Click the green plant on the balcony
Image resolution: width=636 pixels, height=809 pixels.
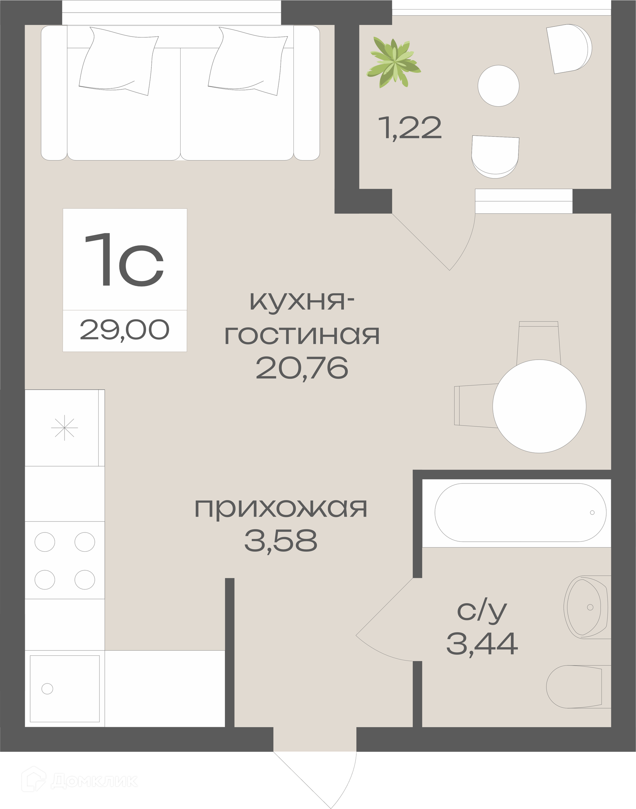tap(394, 62)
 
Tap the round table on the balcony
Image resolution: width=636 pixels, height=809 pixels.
tap(498, 86)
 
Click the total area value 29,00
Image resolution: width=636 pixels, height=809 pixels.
tap(125, 330)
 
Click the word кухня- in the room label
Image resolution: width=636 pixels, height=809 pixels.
tap(302, 302)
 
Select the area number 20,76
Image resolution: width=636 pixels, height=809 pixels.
tap(302, 368)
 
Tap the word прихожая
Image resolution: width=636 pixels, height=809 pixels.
tap(281, 509)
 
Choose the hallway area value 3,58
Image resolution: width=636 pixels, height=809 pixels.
tap(281, 541)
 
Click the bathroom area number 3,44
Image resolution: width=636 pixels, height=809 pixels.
tap(482, 644)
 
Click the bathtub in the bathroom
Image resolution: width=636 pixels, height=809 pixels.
tap(521, 513)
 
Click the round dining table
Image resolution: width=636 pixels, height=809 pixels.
tap(539, 407)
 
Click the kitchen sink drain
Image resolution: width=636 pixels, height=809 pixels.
tap(47, 689)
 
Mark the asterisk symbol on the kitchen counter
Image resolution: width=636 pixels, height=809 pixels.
tap(64, 428)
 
